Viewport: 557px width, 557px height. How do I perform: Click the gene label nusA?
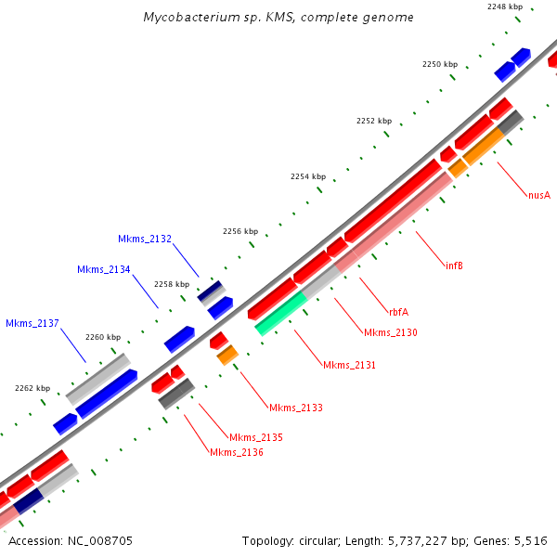[539, 195]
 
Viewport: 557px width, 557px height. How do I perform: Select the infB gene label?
[454, 266]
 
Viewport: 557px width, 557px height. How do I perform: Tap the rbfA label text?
[400, 312]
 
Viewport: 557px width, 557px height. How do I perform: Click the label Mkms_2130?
[390, 332]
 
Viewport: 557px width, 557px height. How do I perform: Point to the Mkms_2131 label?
[349, 365]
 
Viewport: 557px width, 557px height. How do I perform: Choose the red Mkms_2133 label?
[295, 408]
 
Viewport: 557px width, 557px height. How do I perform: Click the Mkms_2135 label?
[255, 437]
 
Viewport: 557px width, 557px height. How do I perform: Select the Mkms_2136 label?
[236, 452]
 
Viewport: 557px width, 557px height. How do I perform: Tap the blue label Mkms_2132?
[144, 240]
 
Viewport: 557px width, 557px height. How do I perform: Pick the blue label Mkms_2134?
[103, 269]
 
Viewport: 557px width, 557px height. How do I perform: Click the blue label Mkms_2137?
[32, 323]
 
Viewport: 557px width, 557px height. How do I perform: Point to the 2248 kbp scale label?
[504, 7]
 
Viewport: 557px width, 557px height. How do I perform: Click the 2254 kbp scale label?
[308, 176]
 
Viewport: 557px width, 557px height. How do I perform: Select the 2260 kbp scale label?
[102, 337]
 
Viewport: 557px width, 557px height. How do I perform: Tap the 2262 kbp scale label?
[32, 388]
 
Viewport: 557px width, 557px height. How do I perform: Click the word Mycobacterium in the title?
[189, 18]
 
